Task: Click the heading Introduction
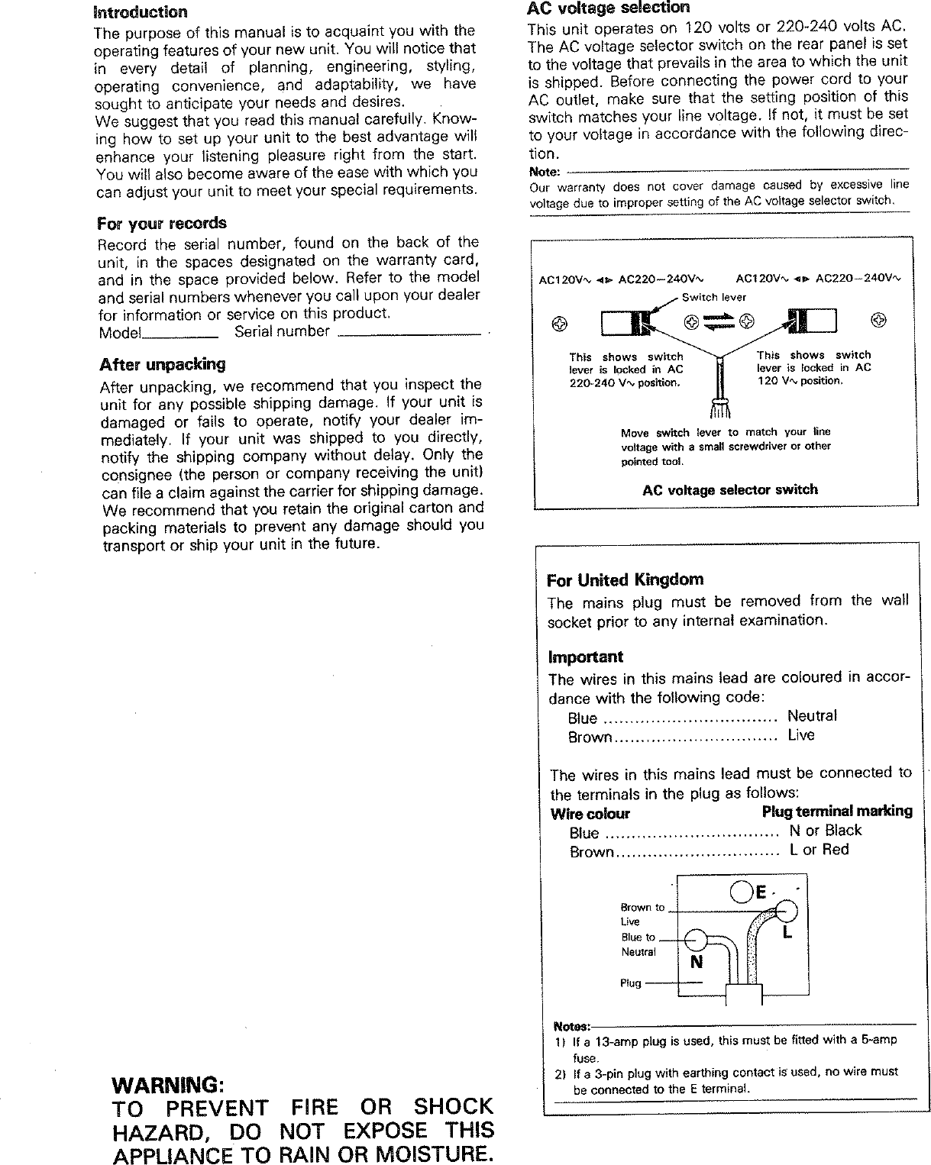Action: click(x=140, y=12)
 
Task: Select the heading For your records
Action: click(x=162, y=224)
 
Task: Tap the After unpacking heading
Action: click(x=163, y=364)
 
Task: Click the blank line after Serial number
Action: click(x=411, y=334)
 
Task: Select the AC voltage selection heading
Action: click(x=608, y=8)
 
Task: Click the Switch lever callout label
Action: click(x=713, y=297)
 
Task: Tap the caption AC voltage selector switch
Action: click(x=729, y=490)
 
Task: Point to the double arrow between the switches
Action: click(x=719, y=322)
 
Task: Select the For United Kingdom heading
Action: click(x=625, y=579)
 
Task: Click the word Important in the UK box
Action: click(x=585, y=657)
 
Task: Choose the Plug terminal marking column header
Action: click(x=836, y=811)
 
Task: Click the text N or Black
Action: click(x=825, y=831)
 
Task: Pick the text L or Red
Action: click(x=819, y=850)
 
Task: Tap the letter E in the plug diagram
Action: click(x=761, y=892)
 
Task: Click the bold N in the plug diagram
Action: click(x=696, y=962)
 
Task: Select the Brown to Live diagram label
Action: click(x=642, y=914)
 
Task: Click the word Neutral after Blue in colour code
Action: click(x=812, y=716)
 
